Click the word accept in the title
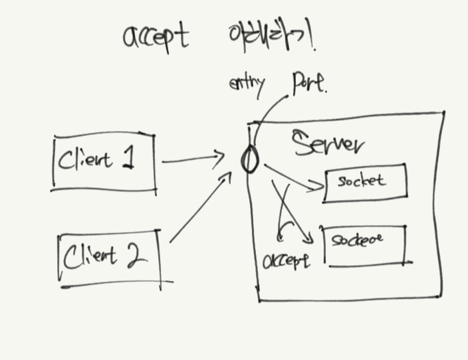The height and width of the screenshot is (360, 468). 156,37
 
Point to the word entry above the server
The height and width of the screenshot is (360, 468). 246,84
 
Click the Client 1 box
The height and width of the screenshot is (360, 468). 104,162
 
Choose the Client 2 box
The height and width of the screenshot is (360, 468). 110,258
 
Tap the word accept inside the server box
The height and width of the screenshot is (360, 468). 286,260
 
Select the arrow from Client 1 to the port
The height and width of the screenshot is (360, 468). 193,159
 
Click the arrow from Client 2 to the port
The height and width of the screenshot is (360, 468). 199,208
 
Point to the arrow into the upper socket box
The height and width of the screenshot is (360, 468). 292,178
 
